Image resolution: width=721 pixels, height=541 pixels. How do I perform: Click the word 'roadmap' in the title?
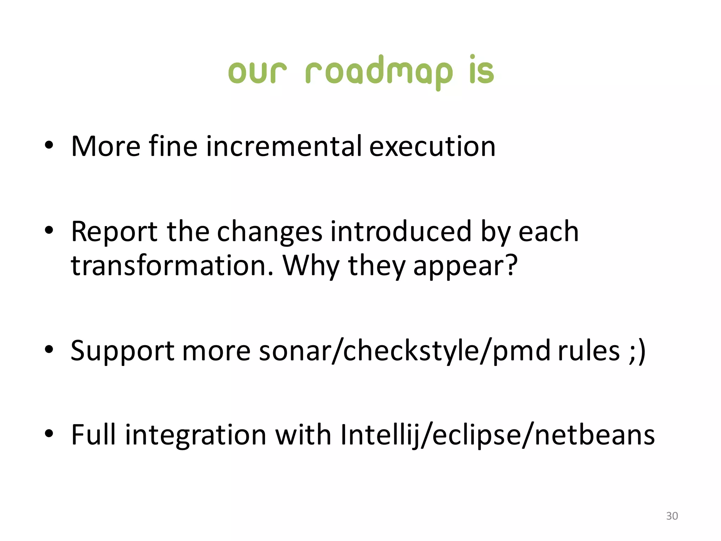tap(379, 72)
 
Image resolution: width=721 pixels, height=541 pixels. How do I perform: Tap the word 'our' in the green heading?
tap(257, 72)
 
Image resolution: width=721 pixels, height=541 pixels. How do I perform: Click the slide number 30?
tap(672, 516)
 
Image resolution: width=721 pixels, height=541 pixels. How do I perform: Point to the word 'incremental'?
tap(284, 146)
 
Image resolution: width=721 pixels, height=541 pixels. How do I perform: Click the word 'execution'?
tap(432, 146)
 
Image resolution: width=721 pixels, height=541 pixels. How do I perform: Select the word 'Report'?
tap(114, 232)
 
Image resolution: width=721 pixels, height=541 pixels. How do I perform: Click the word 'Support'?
tap(123, 351)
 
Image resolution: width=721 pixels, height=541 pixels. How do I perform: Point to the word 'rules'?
tap(589, 351)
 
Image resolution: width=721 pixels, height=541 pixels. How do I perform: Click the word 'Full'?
tap(93, 435)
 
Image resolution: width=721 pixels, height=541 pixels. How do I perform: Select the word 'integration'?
tap(196, 435)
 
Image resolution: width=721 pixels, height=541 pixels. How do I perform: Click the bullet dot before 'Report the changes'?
tap(49, 230)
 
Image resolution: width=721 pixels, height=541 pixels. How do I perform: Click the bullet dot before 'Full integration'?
tap(49, 434)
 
